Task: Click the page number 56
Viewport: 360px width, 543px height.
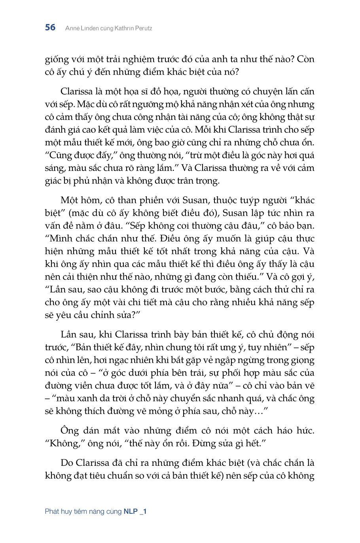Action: [x=50, y=28]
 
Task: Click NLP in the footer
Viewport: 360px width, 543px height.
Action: [x=131, y=511]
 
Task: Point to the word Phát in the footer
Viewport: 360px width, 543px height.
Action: [x=52, y=511]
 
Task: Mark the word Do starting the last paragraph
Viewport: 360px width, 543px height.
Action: [x=67, y=463]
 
